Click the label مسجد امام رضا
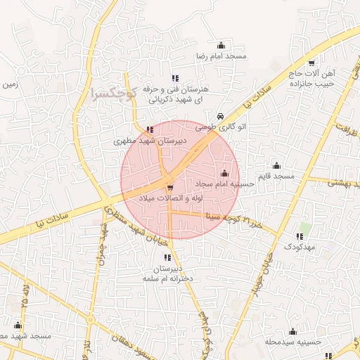point(220,56)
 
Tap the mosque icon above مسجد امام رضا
point(221,46)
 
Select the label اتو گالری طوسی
point(215,127)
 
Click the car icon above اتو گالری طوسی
point(221,116)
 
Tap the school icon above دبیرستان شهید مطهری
point(150,129)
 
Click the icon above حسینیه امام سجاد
point(225,173)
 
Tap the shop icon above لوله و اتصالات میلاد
point(170,187)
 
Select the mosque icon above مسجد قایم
point(276,166)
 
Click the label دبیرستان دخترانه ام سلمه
point(167,273)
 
